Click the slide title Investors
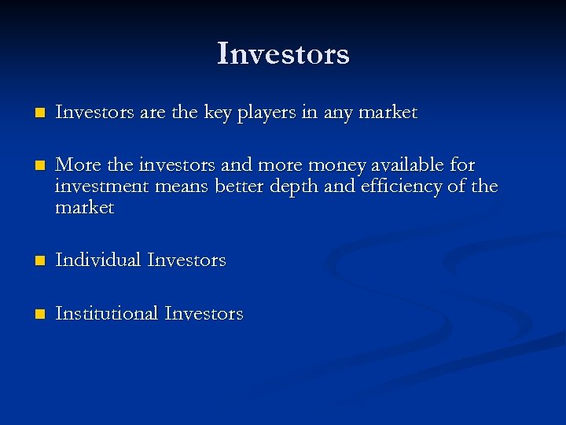click(x=283, y=54)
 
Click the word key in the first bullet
click(x=217, y=113)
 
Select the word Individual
click(x=97, y=260)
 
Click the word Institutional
click(x=107, y=313)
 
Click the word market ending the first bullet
click(x=388, y=113)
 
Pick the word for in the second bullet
click(x=463, y=164)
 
